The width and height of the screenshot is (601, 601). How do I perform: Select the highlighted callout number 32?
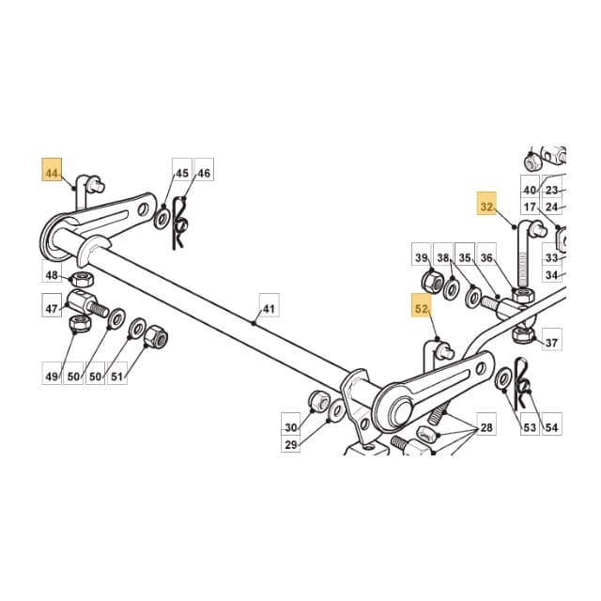486,208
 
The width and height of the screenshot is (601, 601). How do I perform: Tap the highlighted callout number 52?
422,309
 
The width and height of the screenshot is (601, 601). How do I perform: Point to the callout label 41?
270,309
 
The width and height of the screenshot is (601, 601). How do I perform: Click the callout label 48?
52,275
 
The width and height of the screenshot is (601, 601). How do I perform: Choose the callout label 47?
52,309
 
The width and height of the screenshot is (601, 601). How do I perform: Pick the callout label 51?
116,377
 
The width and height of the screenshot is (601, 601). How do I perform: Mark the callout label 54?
551,427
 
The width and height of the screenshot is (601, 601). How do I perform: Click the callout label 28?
486,427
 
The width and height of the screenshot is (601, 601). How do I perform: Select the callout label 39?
422,258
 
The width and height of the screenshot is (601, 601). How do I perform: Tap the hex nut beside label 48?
82,279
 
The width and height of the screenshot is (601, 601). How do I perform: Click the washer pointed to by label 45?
161,219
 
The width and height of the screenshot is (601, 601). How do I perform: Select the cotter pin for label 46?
180,223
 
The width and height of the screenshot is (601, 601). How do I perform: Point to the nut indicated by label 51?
157,336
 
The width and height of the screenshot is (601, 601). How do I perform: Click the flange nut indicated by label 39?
432,281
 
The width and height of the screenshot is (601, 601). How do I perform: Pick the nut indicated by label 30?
318,400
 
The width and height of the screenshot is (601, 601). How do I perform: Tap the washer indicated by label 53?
503,378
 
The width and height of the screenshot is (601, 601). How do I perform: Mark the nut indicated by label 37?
524,335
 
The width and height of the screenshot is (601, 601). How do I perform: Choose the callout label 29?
291,445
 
